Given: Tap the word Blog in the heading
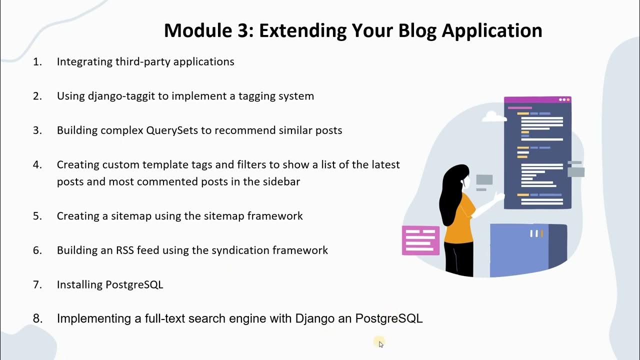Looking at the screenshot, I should tap(417, 30).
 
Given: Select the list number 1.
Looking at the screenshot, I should tap(37, 61).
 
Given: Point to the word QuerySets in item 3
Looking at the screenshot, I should tap(172, 130).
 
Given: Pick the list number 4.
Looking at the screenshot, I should tap(37, 164).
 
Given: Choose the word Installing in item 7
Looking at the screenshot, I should tap(79, 284).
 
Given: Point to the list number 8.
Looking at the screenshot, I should tap(37, 318).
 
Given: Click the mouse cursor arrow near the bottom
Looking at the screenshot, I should tap(381, 344).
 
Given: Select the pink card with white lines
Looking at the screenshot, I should tap(420, 240).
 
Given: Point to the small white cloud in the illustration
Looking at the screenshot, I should tap(494, 117).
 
